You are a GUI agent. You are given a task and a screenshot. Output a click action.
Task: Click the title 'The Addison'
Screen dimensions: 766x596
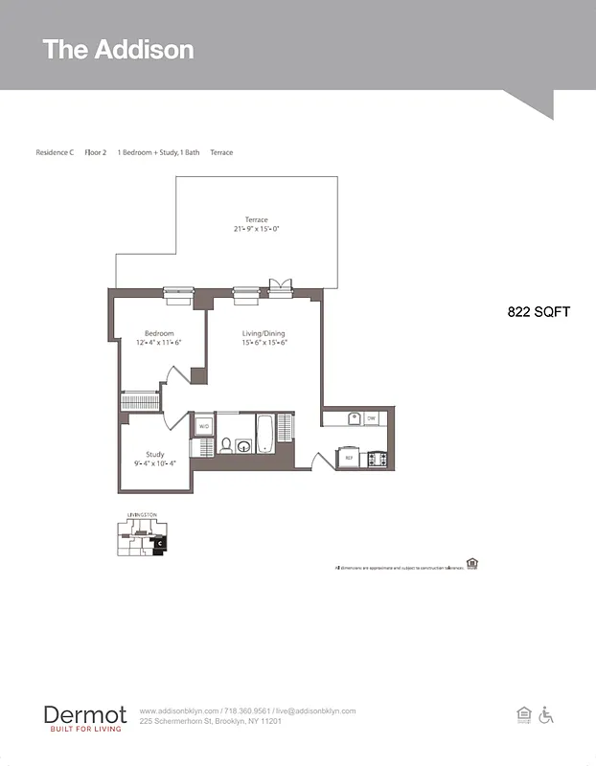(x=118, y=50)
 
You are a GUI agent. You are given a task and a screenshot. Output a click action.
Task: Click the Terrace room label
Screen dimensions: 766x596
(x=256, y=220)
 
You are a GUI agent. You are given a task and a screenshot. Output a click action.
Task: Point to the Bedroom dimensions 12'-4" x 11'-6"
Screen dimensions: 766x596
(x=159, y=343)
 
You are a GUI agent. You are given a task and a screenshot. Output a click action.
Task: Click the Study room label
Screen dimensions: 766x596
(x=154, y=454)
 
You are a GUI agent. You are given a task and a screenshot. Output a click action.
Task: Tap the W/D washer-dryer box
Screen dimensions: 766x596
(x=204, y=427)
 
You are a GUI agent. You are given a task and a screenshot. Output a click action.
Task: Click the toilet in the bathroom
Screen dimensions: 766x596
(x=226, y=445)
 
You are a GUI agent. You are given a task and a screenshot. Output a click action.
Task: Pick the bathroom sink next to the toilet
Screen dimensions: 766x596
(x=244, y=445)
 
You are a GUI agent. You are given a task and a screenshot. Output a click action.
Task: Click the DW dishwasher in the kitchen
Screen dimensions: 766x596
(x=371, y=418)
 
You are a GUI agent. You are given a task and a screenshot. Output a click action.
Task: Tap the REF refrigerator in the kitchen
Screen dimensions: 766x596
(x=349, y=459)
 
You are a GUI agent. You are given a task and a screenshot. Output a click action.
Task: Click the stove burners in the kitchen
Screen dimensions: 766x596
(x=376, y=459)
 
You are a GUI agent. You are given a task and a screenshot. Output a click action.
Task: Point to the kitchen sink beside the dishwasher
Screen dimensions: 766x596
(x=353, y=418)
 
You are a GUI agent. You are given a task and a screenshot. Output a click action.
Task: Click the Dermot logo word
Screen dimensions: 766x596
(x=84, y=714)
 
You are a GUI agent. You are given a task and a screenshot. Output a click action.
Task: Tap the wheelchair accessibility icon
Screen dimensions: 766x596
(x=547, y=715)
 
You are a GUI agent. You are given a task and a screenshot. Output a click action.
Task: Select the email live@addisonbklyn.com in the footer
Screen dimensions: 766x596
(x=315, y=711)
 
